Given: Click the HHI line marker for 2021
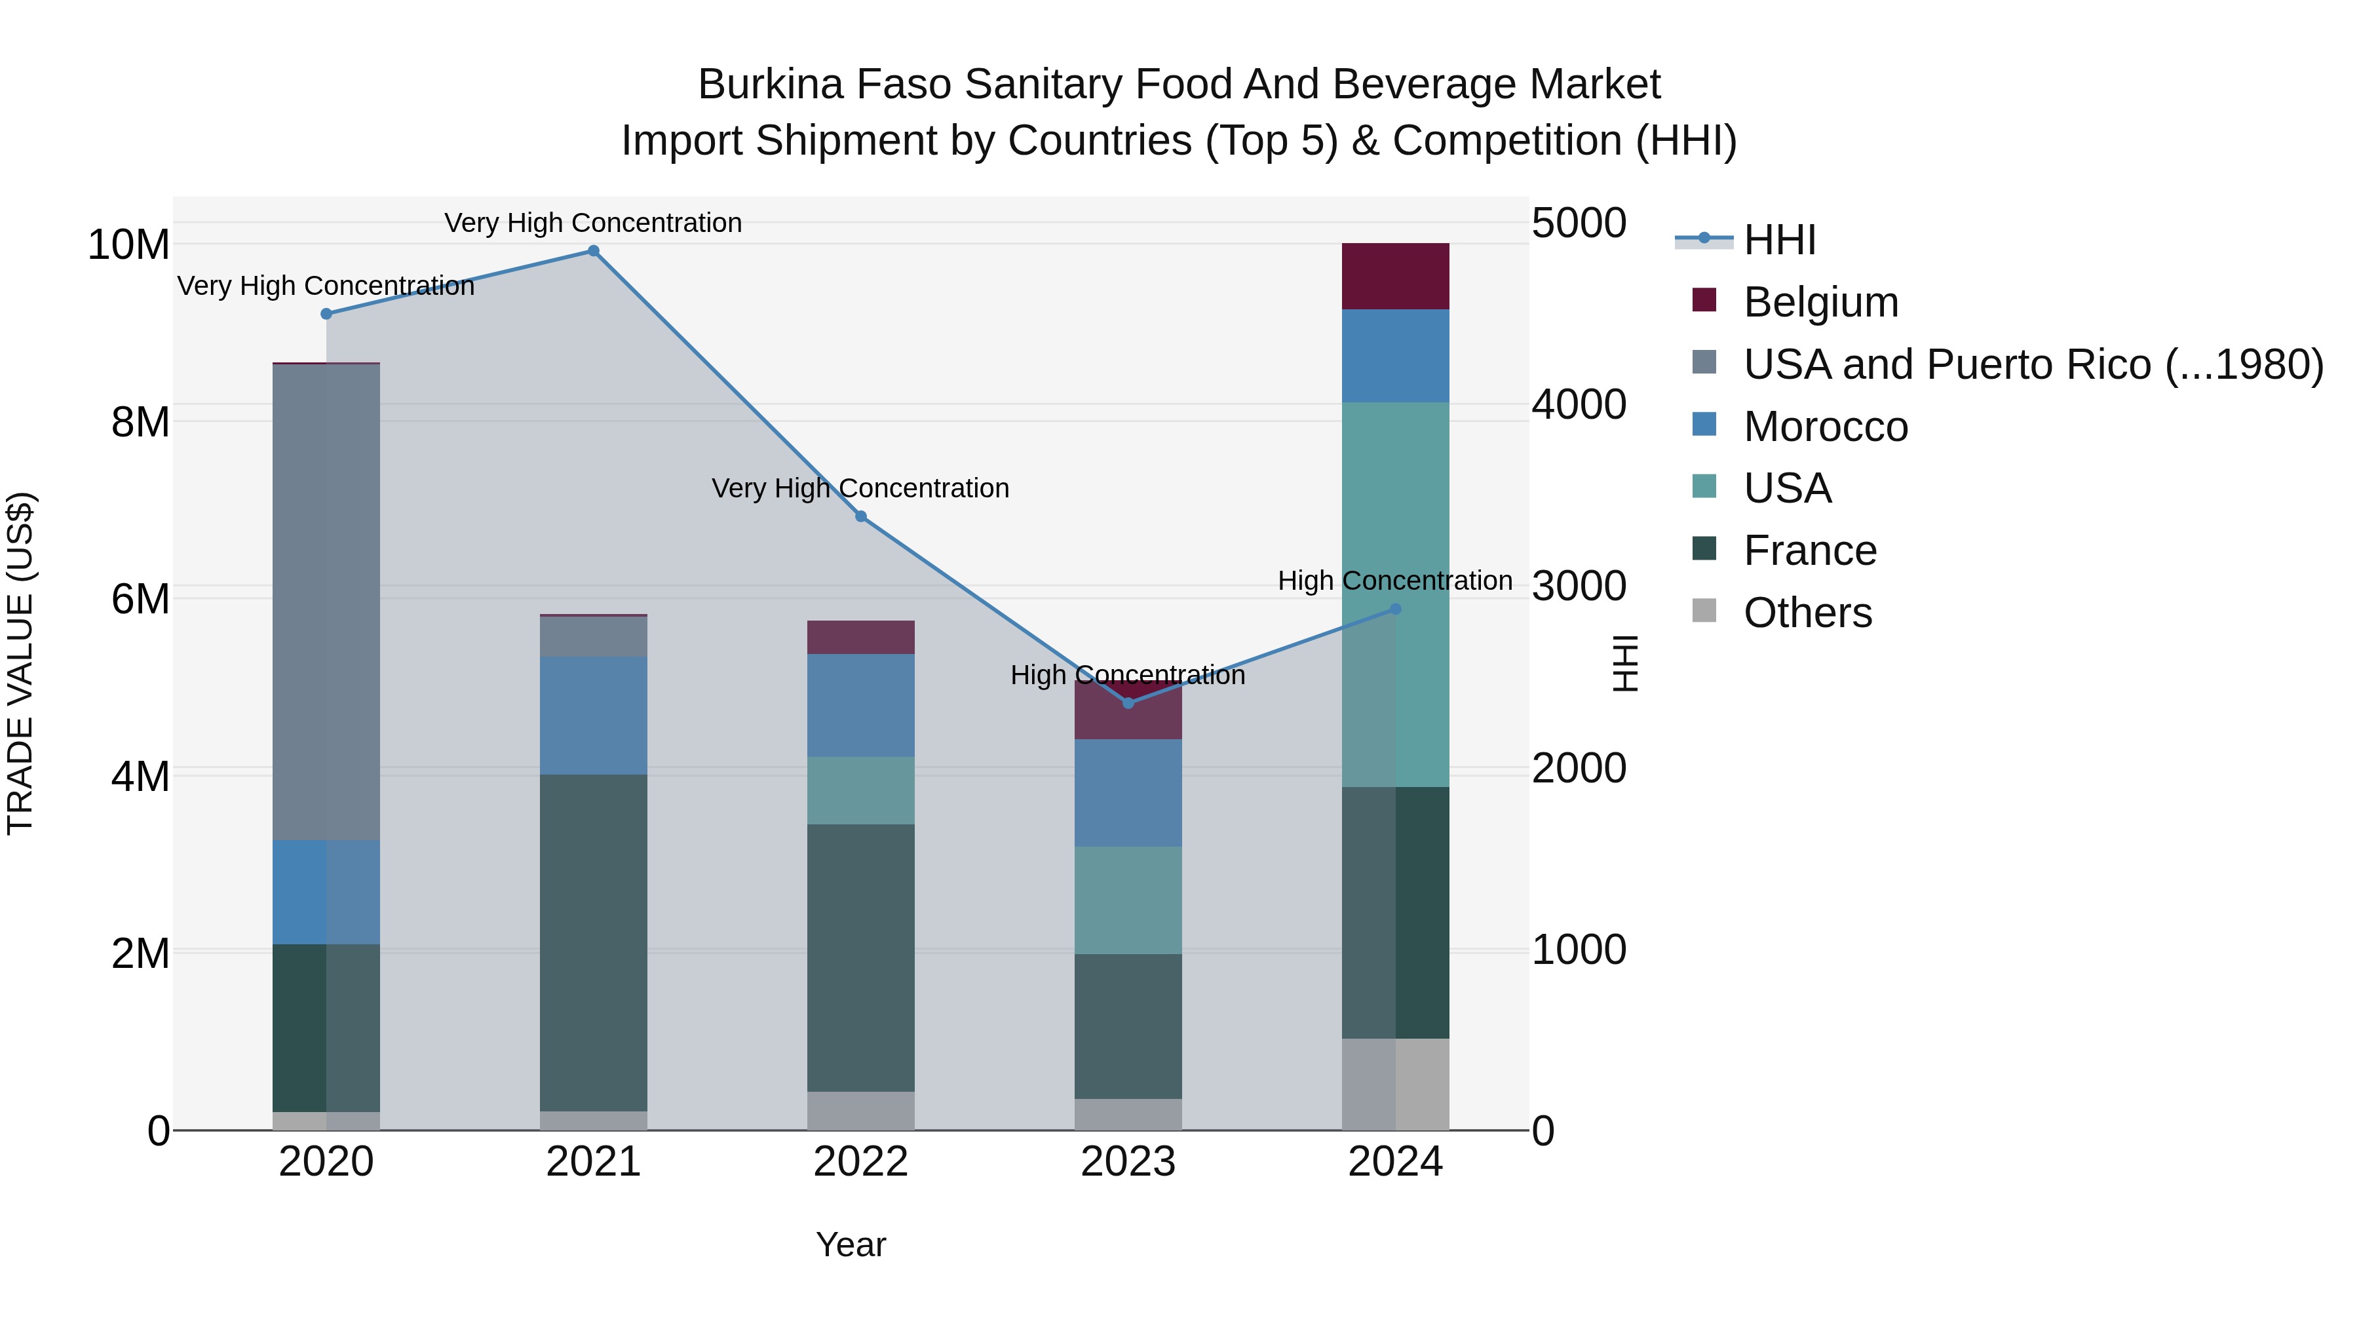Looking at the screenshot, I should point(594,251).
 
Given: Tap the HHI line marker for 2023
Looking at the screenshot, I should point(1128,703).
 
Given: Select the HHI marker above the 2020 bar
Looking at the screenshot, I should point(326,314).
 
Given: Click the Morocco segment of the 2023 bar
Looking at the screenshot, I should point(1128,792).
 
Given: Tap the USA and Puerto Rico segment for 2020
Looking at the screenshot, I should point(326,601).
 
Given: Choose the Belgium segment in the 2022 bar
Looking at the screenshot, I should point(861,638).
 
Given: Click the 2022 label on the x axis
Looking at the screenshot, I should point(861,1162).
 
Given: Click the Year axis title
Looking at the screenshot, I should point(851,1244).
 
